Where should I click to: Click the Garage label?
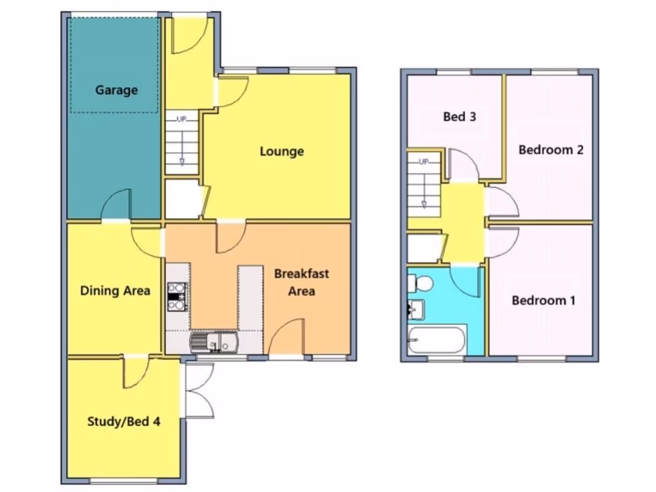117,90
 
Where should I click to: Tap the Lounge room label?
282,152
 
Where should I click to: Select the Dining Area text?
115,291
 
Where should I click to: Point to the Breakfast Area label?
301,282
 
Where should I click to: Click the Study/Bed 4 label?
124,422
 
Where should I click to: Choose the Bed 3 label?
460,117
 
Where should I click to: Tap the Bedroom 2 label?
551,150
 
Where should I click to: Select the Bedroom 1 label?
543,300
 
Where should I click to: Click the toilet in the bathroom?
421,283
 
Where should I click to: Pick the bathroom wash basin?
416,309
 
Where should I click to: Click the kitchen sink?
214,341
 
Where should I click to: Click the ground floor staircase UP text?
181,119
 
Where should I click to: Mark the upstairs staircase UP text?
423,162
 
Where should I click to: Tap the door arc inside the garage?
116,204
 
